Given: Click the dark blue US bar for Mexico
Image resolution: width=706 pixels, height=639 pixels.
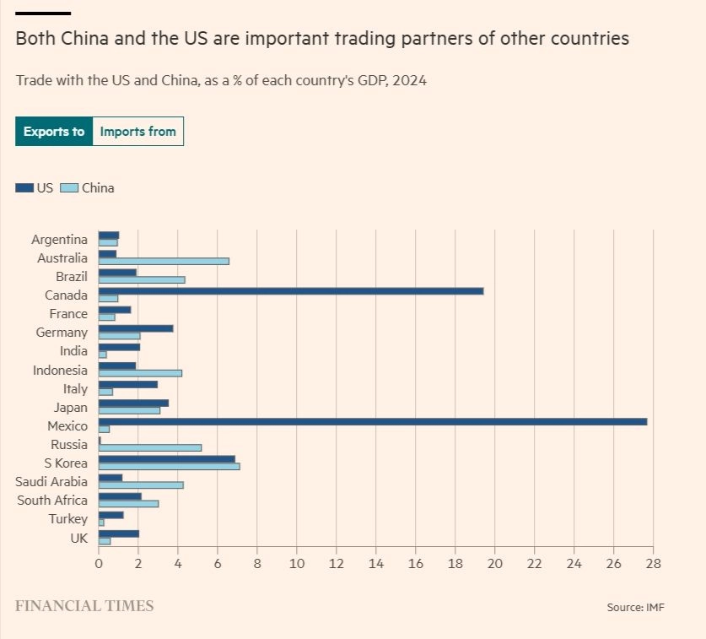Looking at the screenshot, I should click(x=372, y=421).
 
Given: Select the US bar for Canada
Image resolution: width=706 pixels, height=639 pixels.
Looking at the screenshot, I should click(x=290, y=290).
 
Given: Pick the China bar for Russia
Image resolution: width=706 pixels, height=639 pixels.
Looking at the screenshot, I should click(x=150, y=447).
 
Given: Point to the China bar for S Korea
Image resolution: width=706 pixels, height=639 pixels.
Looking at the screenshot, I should click(x=169, y=466).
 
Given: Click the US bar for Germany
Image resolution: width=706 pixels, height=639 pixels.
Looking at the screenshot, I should click(x=136, y=328).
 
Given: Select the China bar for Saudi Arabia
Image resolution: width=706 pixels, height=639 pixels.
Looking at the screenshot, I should click(x=141, y=485).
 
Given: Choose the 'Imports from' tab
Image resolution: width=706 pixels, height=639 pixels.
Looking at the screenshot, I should click(x=137, y=132).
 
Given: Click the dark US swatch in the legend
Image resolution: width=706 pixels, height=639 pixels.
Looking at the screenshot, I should click(x=24, y=188).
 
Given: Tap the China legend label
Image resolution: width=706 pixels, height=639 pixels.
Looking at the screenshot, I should click(x=98, y=188).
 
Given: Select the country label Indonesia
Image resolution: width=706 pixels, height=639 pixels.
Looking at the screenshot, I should click(x=60, y=370).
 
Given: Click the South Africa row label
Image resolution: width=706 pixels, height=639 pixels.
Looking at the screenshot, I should click(x=52, y=500).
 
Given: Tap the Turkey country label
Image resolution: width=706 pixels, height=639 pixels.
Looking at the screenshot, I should click(x=67, y=518).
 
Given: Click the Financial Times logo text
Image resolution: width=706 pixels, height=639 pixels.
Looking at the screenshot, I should click(x=84, y=606).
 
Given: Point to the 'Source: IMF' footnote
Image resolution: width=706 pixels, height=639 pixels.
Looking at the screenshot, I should click(x=635, y=608).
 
